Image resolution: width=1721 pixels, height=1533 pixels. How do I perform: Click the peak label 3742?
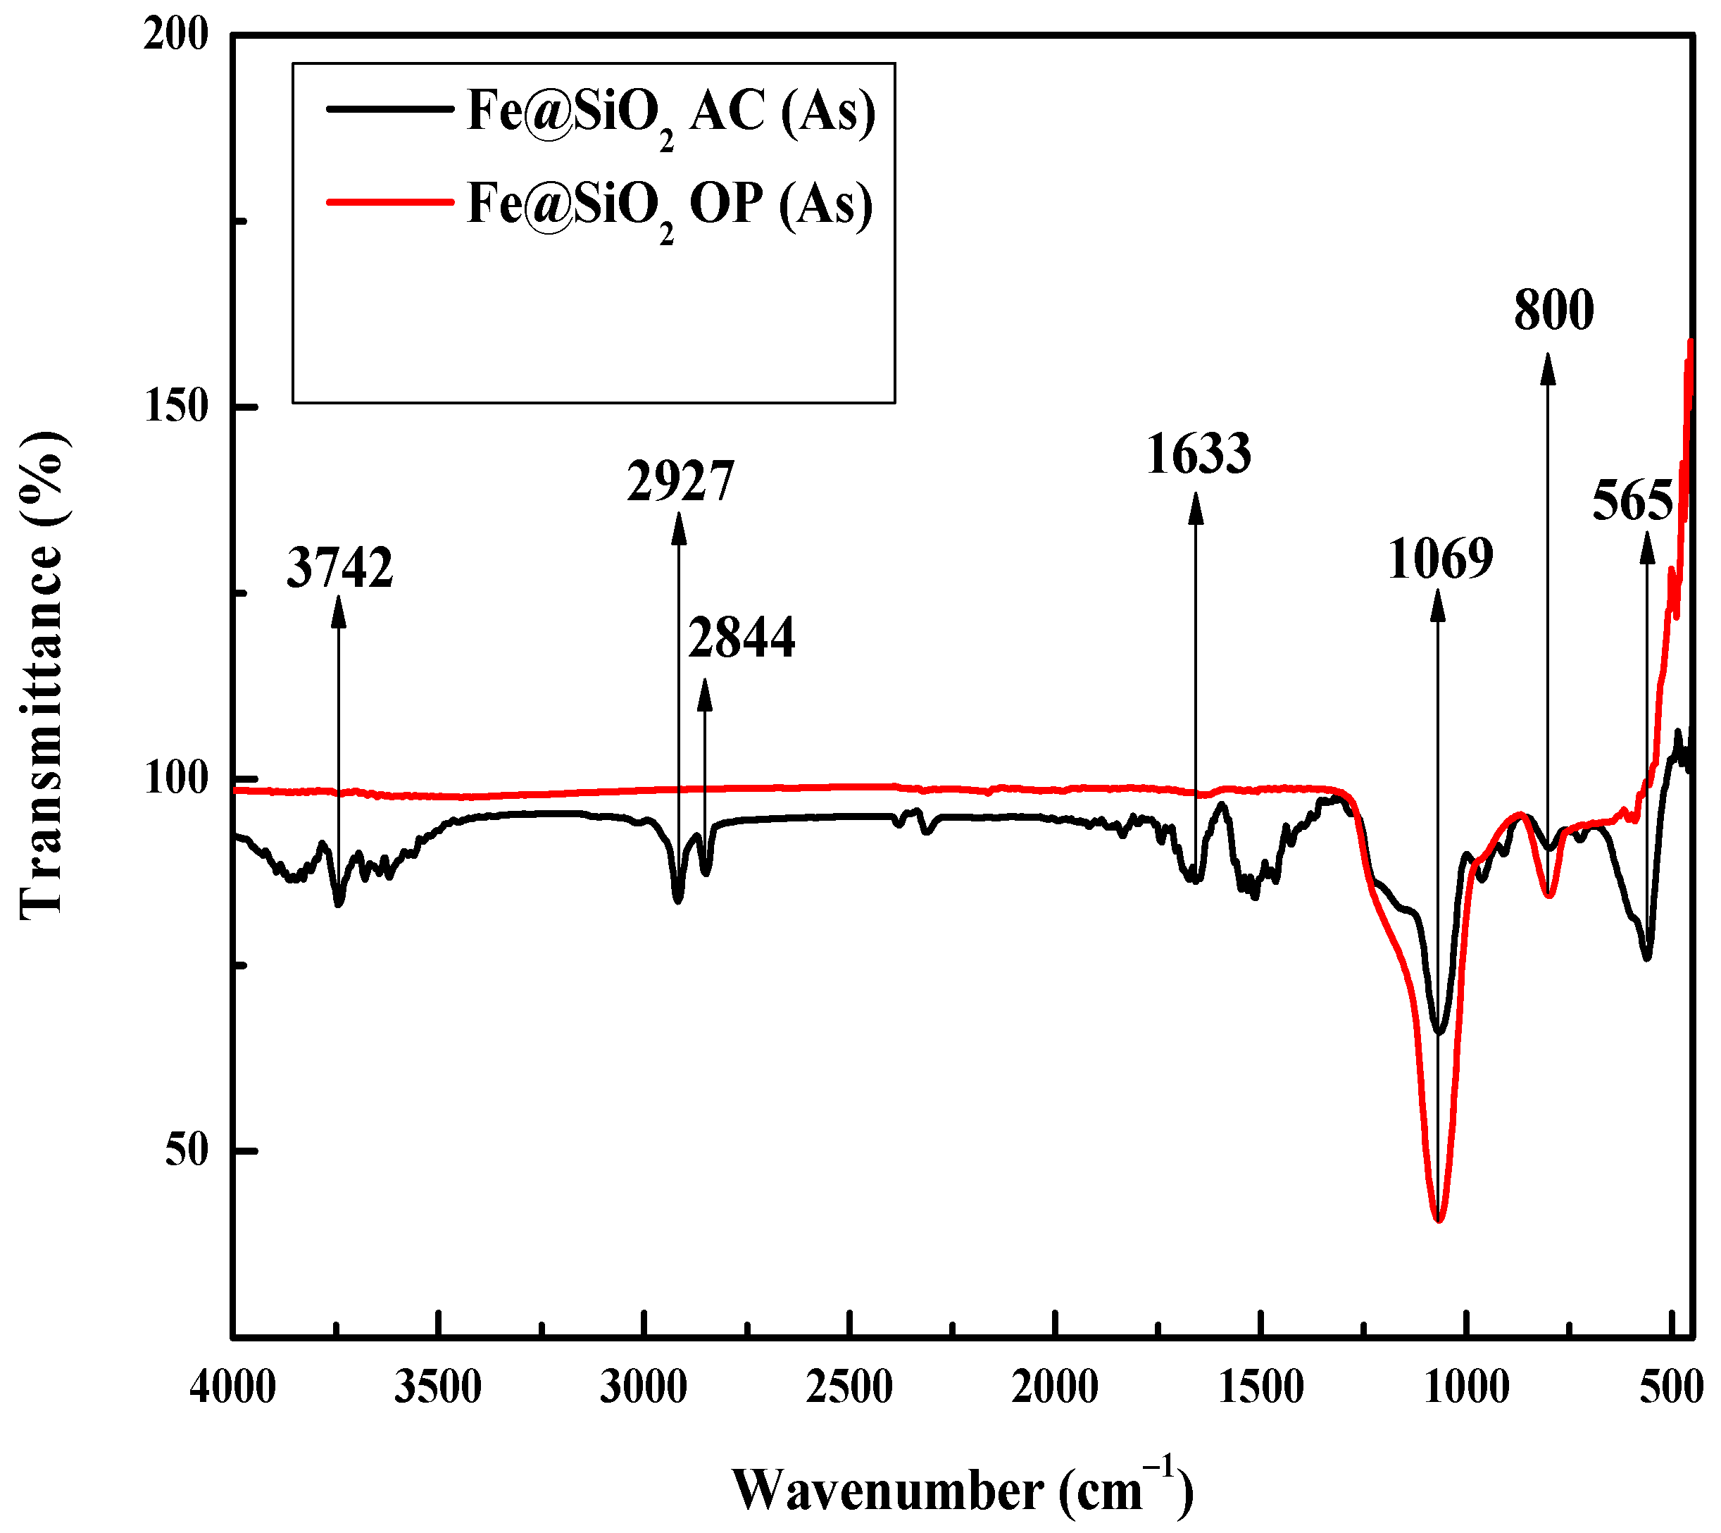click(340, 568)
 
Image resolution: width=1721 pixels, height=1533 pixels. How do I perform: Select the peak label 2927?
click(680, 482)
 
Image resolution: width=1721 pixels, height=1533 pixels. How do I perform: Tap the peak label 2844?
click(741, 638)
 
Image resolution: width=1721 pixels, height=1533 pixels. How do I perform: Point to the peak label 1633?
click(1198, 455)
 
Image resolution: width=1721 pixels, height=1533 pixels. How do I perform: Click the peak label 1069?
click(1441, 559)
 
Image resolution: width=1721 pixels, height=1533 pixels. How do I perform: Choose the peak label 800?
click(1553, 311)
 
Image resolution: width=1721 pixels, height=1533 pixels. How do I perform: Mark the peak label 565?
click(1632, 503)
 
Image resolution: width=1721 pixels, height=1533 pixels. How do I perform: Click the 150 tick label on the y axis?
click(176, 406)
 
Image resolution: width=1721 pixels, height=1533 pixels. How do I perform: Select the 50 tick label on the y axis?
click(186, 1150)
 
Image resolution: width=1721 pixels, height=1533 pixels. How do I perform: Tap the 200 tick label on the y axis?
click(176, 35)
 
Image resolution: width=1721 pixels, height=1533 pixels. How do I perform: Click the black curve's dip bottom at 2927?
click(678, 900)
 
